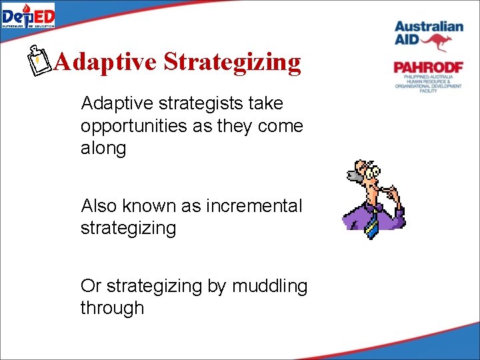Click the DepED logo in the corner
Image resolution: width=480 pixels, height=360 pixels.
(x=28, y=15)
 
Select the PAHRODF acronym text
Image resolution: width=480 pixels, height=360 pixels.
(x=428, y=67)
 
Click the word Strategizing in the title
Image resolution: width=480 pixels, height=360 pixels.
(x=232, y=62)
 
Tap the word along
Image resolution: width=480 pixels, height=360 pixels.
(x=103, y=148)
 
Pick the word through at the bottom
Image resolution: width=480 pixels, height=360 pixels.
(x=112, y=308)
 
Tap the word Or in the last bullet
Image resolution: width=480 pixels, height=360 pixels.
(x=91, y=286)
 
